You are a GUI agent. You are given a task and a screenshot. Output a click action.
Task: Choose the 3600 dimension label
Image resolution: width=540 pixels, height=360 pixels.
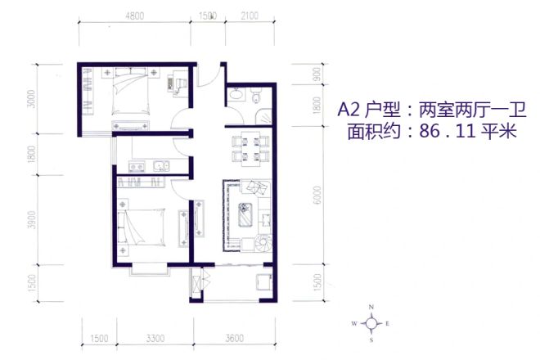point(235,337)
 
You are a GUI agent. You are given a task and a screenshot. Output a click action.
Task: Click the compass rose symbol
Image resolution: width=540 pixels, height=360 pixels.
point(371,323)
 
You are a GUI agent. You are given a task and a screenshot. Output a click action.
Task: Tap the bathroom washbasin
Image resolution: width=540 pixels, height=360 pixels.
point(237,97)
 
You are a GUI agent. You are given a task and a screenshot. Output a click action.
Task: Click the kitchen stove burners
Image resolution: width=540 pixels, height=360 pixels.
point(133,169)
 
